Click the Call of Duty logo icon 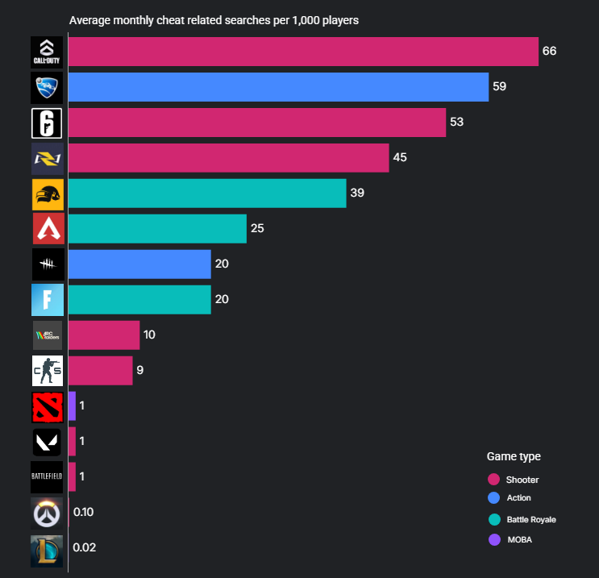(x=47, y=52)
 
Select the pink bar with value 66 (x=302, y=52)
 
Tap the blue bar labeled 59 (x=278, y=87)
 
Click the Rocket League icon (x=47, y=87)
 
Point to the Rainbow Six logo (x=47, y=123)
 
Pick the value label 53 (x=457, y=122)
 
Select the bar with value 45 (x=228, y=158)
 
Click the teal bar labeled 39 (x=207, y=193)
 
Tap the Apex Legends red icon (x=47, y=229)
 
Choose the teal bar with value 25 (x=157, y=229)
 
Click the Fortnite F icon (x=47, y=300)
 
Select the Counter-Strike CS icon (x=47, y=371)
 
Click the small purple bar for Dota (x=72, y=405)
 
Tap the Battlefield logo (x=47, y=476)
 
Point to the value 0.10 (x=84, y=512)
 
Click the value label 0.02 (x=84, y=547)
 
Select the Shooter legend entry (x=522, y=480)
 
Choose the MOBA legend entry (x=518, y=539)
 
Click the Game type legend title (x=514, y=456)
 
